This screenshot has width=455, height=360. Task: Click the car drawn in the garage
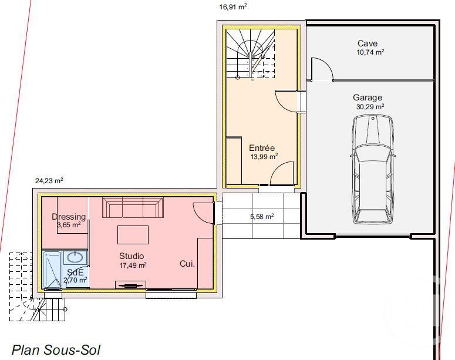click(372, 169)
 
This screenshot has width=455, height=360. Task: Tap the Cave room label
click(368, 43)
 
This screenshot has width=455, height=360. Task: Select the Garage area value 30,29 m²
click(370, 107)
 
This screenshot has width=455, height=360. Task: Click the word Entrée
click(262, 148)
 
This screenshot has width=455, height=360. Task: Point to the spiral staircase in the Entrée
click(251, 53)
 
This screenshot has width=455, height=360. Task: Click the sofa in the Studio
click(133, 208)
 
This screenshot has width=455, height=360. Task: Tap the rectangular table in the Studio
click(133, 235)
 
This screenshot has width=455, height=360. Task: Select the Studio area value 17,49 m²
click(133, 265)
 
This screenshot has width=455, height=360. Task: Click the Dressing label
click(69, 217)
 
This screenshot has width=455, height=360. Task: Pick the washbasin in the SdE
click(75, 257)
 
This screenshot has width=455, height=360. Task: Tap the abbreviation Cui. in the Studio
click(187, 264)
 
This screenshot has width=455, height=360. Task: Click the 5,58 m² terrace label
click(262, 216)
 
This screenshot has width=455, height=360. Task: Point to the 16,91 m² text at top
click(233, 7)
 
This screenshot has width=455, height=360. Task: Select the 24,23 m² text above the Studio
click(49, 181)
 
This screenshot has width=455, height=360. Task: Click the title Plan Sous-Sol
click(52, 350)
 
